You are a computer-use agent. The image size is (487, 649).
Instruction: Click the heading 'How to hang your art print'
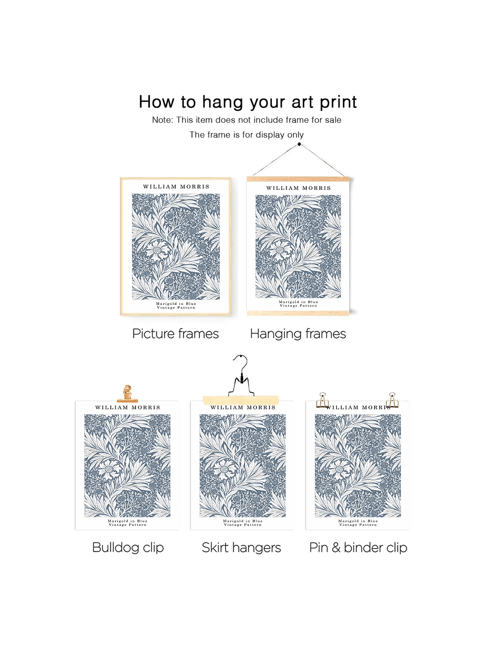tap(248, 102)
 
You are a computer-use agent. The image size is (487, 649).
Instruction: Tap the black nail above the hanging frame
tap(299, 144)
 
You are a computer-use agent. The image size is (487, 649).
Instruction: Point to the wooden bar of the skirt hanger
tap(241, 400)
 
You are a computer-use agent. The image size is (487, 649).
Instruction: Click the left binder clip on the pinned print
tap(323, 400)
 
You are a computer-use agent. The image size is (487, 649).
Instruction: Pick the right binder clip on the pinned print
tap(392, 400)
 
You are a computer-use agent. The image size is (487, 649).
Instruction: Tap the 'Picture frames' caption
tap(175, 334)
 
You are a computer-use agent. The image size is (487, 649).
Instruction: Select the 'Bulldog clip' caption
tap(128, 548)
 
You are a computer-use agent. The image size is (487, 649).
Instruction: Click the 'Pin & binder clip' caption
tap(358, 548)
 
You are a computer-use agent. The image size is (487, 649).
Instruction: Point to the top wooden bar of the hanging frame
tap(298, 179)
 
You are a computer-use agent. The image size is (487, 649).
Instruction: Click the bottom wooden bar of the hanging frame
tap(298, 313)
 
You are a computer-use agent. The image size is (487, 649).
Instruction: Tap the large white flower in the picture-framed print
tap(157, 250)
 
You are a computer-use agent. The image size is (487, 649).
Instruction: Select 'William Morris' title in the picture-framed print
tap(176, 187)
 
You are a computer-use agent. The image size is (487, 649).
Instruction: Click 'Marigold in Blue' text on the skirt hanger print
tap(243, 521)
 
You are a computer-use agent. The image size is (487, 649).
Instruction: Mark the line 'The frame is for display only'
tap(247, 135)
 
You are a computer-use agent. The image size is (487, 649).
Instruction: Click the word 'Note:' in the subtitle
tap(163, 120)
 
